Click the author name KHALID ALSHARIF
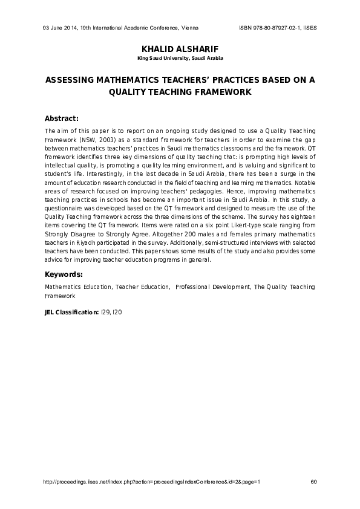coord(180,49)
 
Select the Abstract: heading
coord(62,118)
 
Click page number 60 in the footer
coord(313,482)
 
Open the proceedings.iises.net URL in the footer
coord(152,482)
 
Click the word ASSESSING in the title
coord(70,80)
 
